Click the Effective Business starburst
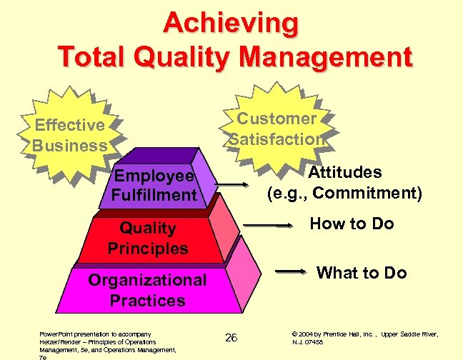pos(70,135)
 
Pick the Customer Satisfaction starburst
pos(277,129)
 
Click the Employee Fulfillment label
pos(154,185)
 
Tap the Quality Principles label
pos(148,238)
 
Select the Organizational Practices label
pos(147,290)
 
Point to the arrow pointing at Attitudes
pos(231,188)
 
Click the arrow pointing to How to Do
pos(269,226)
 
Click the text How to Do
pos(352,224)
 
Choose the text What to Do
pos(362,272)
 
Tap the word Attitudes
pos(344,172)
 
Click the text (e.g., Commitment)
pos(344,193)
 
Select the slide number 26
pos(231,337)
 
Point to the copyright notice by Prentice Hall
pos(364,338)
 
